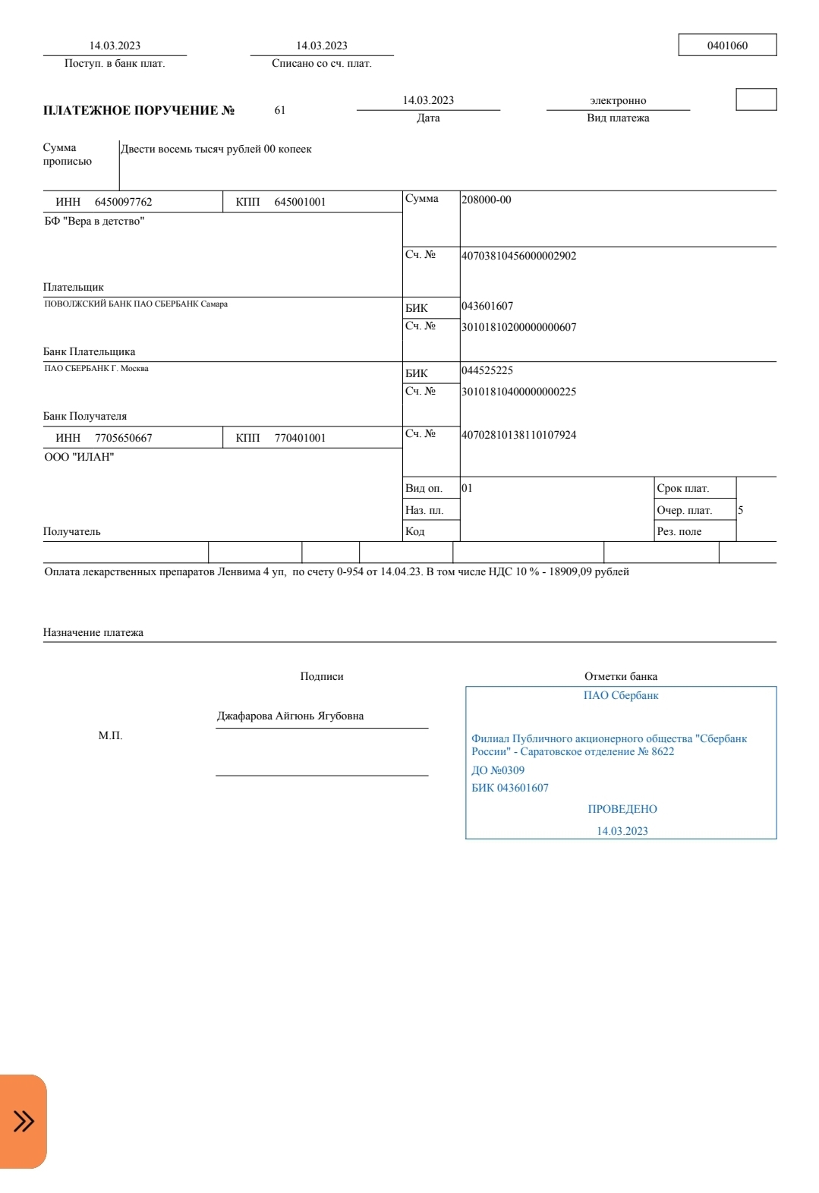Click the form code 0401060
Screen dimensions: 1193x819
[727, 46]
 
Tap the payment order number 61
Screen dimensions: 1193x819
[280, 111]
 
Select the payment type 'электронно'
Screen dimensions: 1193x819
[618, 101]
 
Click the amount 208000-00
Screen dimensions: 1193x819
[487, 200]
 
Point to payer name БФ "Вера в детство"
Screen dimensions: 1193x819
[94, 222]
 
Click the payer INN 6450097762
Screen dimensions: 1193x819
[124, 202]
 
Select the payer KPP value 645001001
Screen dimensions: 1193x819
[300, 202]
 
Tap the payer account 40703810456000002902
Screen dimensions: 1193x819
[519, 256]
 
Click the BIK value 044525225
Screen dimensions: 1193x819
[487, 370]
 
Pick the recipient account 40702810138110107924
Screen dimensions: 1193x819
[519, 435]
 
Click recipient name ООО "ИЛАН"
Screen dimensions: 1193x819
[79, 458]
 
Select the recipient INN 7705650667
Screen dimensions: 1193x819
[124, 438]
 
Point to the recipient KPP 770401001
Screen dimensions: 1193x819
[300, 438]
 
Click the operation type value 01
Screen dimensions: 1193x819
[467, 488]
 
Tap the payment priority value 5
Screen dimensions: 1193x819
[740, 510]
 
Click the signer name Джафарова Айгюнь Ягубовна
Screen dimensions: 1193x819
[290, 716]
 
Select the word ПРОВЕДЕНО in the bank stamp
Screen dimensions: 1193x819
[622, 809]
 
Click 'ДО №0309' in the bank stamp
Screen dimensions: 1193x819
[498, 770]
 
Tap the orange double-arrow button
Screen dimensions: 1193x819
[24, 1121]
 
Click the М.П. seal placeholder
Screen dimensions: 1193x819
[110, 735]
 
